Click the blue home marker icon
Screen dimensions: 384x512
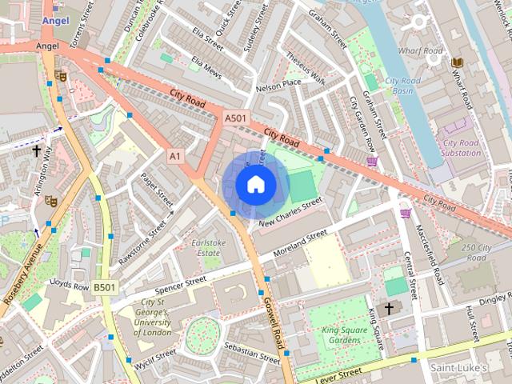coord(255,185)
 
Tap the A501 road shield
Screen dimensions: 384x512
coord(235,118)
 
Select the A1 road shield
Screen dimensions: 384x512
coord(174,156)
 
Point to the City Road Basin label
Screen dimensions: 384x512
coord(404,85)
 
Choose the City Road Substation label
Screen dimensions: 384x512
coord(460,147)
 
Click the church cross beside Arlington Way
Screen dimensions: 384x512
coord(36,150)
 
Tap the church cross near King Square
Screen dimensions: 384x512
coord(390,308)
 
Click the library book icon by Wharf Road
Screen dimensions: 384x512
coord(457,62)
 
